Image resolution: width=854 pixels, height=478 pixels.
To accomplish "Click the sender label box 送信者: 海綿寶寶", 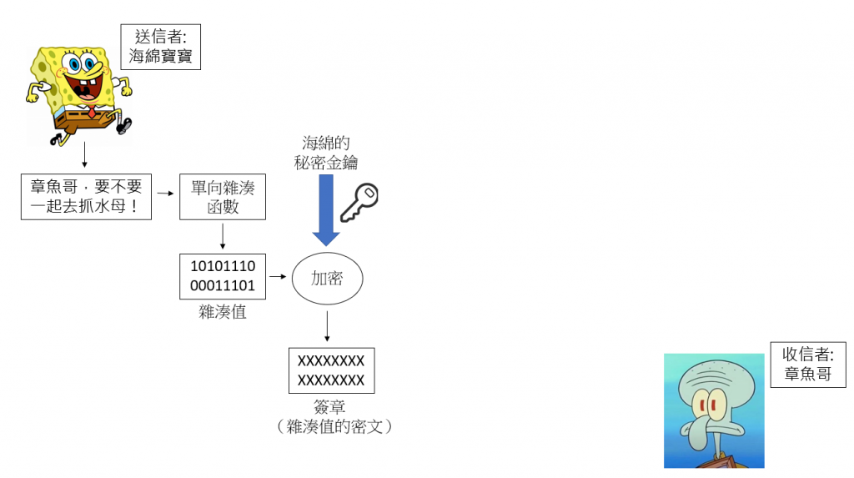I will pos(161,47).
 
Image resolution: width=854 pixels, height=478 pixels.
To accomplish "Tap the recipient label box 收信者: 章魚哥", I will pos(808,364).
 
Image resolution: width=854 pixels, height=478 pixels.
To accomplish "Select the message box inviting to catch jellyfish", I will pos(86,196).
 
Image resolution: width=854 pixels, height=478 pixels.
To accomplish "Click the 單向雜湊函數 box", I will pos(223,197).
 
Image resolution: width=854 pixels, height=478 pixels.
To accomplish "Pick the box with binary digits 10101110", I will pos(223,277).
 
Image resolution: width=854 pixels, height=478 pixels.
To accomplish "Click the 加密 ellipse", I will pos(327,279).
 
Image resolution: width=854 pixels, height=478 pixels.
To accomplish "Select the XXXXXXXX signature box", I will pos(331,370).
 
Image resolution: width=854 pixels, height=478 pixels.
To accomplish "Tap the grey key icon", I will pos(358,202).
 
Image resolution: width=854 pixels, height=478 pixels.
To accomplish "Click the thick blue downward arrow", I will pos(326,209).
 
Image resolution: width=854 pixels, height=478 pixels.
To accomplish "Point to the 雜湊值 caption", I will pos(223,312).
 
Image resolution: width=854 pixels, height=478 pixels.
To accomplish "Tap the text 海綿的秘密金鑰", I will pos(326,153).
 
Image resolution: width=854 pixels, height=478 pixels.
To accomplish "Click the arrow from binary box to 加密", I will pos(279,275).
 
